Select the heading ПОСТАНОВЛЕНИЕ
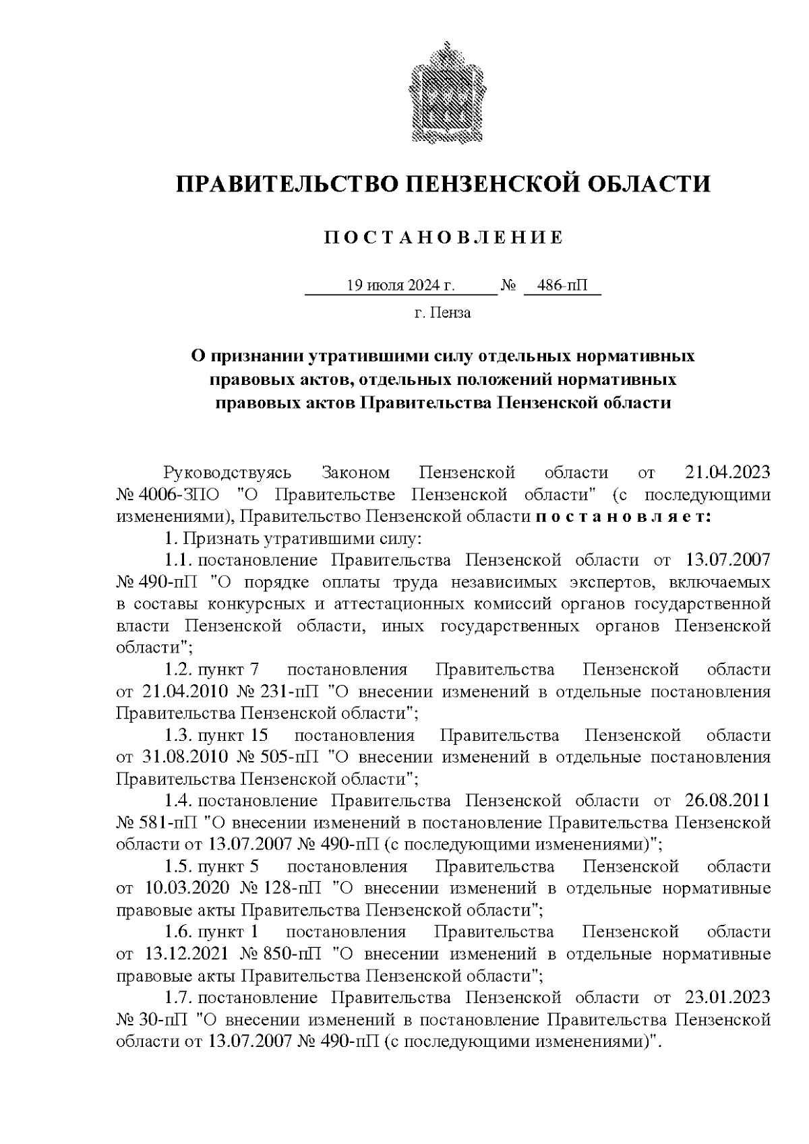click(443, 238)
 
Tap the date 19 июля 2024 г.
click(400, 286)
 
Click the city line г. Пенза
click(442, 313)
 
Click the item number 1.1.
click(179, 560)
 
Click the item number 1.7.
click(179, 998)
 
